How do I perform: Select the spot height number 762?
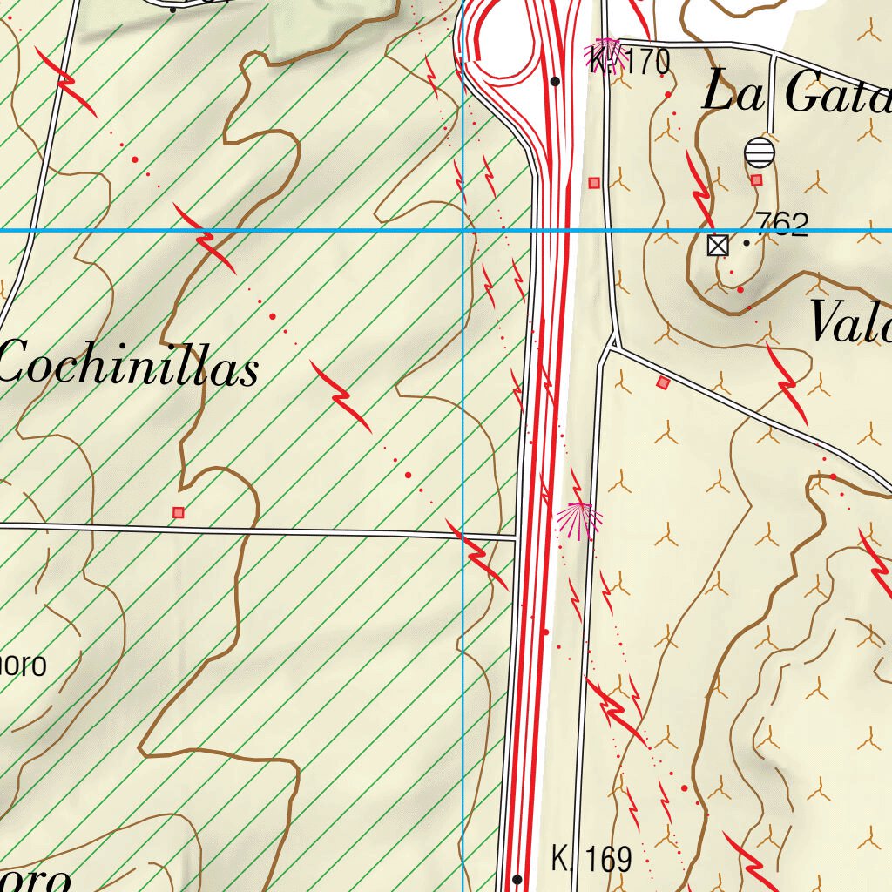(x=781, y=225)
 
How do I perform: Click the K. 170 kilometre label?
(x=629, y=63)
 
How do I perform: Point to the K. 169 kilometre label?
(x=591, y=860)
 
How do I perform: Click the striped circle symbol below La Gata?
(x=760, y=152)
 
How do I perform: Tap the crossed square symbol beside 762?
(x=718, y=246)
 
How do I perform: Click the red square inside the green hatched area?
(x=179, y=512)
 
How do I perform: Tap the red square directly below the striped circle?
(x=756, y=180)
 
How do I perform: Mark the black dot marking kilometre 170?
(x=555, y=81)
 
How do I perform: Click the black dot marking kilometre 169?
(x=517, y=879)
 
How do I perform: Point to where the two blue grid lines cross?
(x=463, y=230)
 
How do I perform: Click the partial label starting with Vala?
(x=850, y=323)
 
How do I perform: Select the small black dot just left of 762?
(x=747, y=243)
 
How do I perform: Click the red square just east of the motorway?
(x=594, y=182)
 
